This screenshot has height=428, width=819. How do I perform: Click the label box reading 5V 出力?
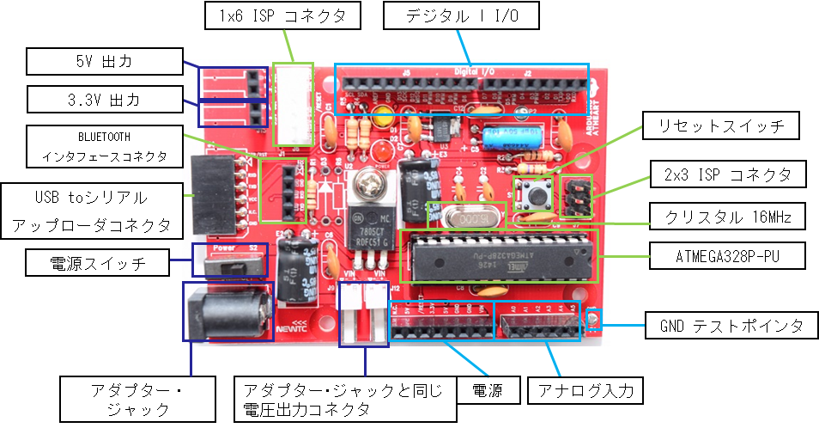coord(104,62)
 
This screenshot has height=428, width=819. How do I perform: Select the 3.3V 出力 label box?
coord(104,100)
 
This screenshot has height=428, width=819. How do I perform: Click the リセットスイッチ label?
coord(721,126)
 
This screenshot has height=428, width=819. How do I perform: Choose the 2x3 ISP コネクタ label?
coord(728,175)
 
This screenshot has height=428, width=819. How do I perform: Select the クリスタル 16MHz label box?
coord(728,217)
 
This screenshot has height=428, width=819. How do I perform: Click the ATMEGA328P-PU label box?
coord(728,255)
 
